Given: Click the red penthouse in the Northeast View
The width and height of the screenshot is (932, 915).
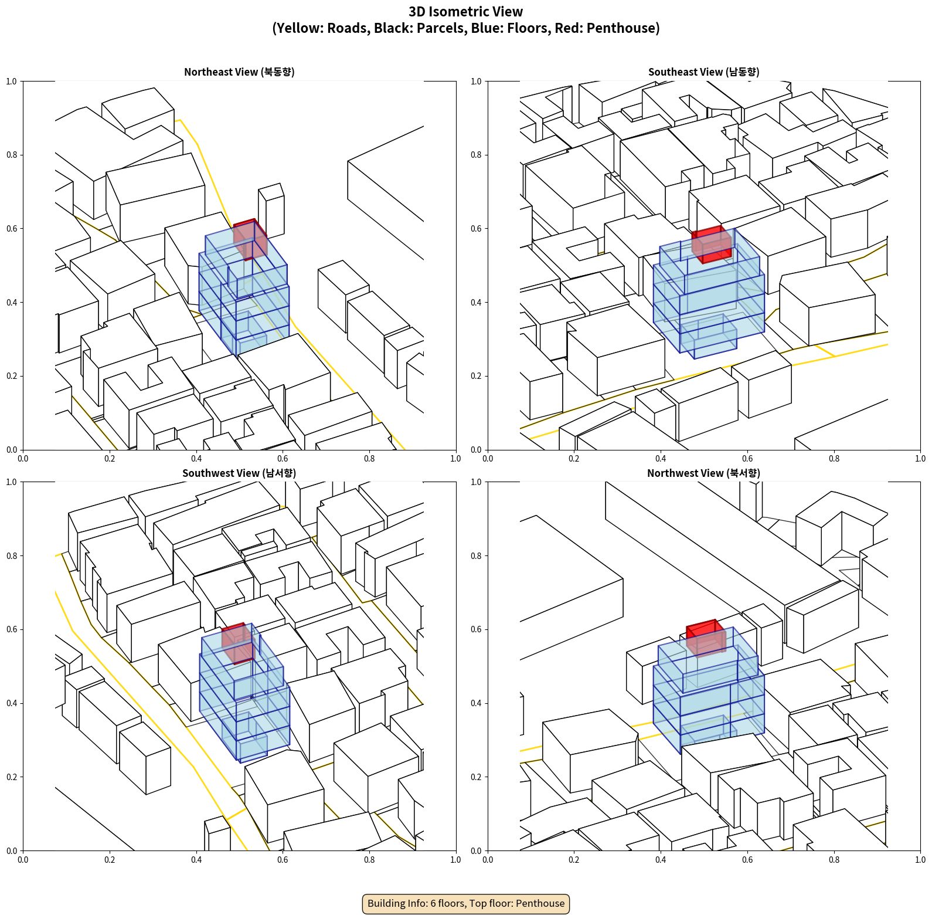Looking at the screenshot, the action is pos(250,239).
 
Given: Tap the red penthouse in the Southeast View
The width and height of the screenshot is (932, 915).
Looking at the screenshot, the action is pos(712,245).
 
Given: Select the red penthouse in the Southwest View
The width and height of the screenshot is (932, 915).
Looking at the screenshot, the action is pos(238,643).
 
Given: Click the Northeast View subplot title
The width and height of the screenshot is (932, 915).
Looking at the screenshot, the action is pos(239,72).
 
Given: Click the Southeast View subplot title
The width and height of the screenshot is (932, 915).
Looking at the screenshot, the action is pos(704,72).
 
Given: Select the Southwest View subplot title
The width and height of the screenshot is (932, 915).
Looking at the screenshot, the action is pos(239,473).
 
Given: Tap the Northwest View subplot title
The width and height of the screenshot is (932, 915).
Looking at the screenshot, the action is pos(704,473).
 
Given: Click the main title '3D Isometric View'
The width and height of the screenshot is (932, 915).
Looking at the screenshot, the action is pos(466,12).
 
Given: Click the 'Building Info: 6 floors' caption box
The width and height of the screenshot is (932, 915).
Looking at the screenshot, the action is pos(466,903).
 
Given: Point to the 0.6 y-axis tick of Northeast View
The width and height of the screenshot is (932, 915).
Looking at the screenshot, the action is pos(12,229).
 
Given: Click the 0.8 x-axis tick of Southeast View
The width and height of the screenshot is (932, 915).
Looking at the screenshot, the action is pos(834,459).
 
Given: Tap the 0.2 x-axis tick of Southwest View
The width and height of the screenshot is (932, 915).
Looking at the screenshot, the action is pos(110,860).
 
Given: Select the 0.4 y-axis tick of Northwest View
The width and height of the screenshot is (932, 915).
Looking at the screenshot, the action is pos(477,703).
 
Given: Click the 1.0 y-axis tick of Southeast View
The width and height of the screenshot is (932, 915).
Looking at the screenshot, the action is pos(477,82).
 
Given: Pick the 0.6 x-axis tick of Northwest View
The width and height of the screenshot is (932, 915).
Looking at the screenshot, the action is pos(747,860).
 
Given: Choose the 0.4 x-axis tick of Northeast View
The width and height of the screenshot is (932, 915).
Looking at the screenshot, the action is pos(196,459).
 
